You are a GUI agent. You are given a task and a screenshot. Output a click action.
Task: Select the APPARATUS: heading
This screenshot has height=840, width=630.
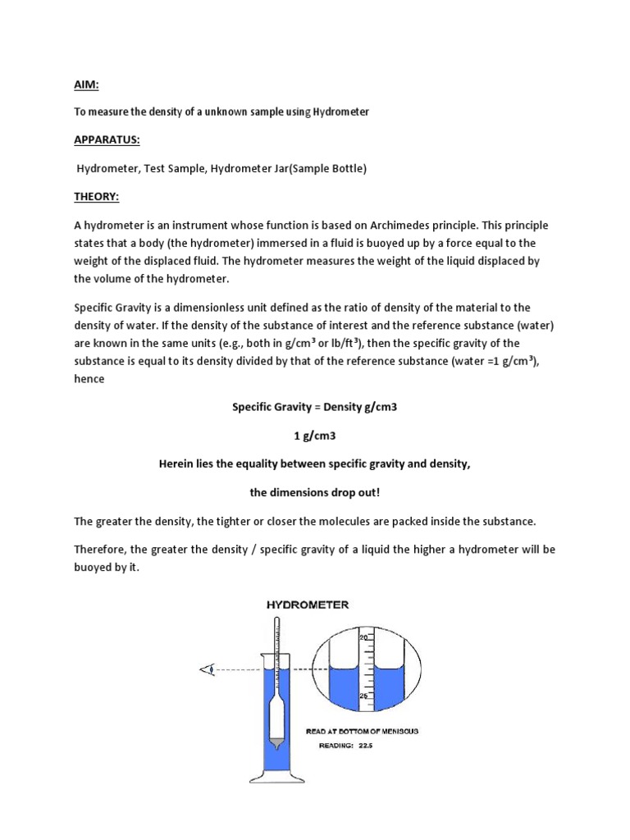point(107,139)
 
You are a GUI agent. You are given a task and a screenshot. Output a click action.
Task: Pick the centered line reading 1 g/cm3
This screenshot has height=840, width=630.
point(315,436)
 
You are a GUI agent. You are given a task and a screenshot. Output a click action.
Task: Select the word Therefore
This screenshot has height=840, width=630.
point(103,550)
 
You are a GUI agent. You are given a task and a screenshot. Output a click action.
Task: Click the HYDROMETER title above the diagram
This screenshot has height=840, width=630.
point(307,605)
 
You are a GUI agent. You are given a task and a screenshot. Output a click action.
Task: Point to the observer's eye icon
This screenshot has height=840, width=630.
point(208,669)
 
